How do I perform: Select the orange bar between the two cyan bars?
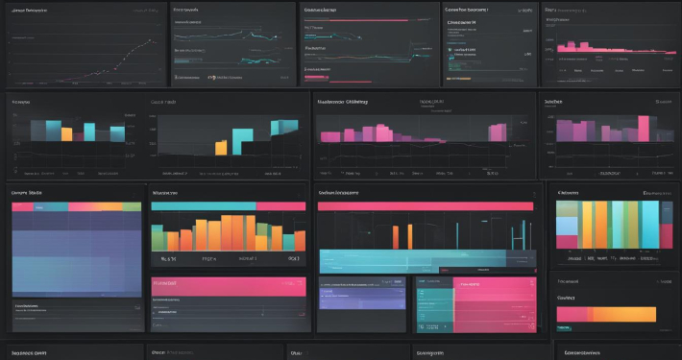click(x=66, y=133)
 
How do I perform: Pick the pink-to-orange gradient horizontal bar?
click(x=605, y=314)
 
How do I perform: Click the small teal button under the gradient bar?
click(x=566, y=328)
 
